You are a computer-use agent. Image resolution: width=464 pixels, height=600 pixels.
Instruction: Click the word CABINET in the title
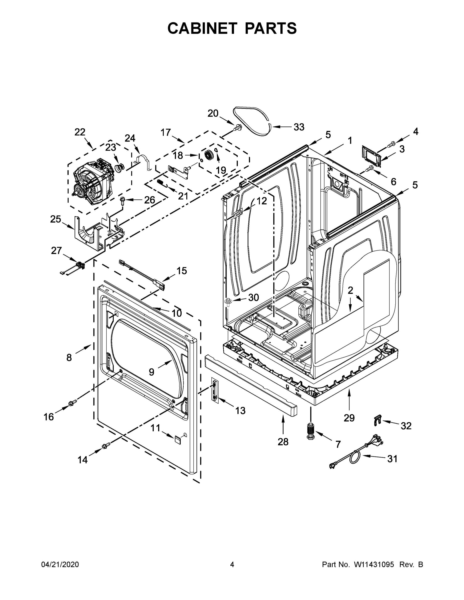tap(202, 28)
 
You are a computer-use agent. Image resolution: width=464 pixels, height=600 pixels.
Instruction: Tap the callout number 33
tap(299, 127)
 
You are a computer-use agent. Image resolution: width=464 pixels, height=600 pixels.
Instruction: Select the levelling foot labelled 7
tap(311, 431)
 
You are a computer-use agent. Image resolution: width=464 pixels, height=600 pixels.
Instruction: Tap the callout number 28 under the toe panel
tap(283, 442)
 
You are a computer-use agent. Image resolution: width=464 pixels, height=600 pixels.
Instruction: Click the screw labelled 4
tap(391, 143)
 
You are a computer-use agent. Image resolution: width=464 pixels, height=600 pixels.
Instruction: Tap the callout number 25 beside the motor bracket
tap(55, 219)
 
